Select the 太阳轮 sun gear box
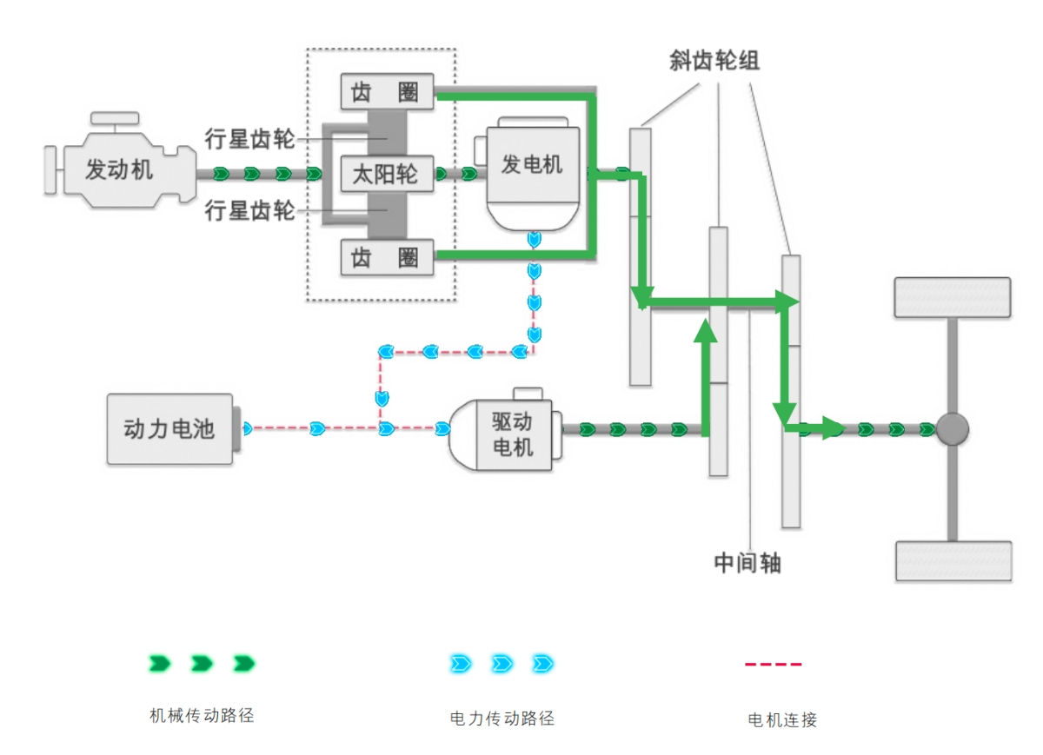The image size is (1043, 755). click(386, 175)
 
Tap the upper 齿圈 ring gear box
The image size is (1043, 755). click(386, 91)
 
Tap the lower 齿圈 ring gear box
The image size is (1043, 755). click(386, 257)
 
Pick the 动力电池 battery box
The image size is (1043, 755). click(170, 428)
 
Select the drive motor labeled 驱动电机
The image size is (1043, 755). click(513, 434)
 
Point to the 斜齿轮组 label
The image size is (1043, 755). click(714, 60)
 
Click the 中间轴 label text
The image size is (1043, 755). click(747, 563)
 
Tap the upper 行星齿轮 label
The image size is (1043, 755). click(250, 137)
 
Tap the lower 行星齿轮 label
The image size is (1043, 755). click(250, 210)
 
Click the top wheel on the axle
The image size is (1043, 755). click(953, 297)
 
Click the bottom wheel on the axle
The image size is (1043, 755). click(953, 560)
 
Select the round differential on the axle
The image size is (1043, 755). click(953, 429)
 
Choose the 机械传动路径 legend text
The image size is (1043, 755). click(202, 716)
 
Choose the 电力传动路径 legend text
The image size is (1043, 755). click(502, 719)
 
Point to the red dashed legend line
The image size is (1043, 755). click(773, 665)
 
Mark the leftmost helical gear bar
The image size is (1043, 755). click(641, 256)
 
